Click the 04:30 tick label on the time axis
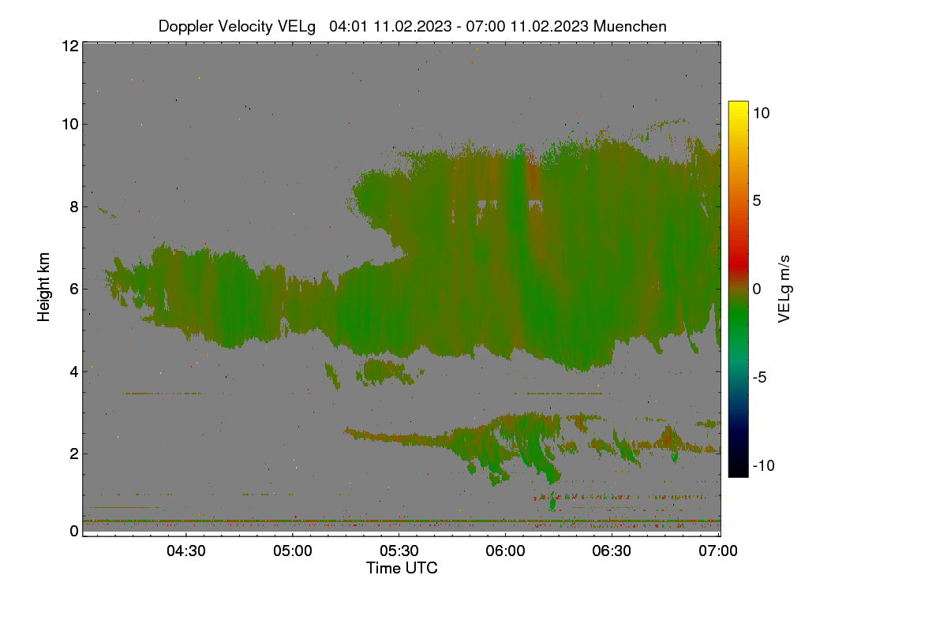[186, 551]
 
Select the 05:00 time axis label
[293, 551]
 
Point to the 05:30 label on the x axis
[399, 551]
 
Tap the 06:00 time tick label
[505, 551]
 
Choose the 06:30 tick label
[612, 551]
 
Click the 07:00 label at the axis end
[718, 551]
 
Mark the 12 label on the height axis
[70, 46]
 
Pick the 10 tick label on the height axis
[70, 125]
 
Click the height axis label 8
[74, 207]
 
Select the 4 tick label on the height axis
[74, 372]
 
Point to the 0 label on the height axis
[74, 532]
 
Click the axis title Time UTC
[402, 569]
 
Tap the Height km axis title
[43, 287]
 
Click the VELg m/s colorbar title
[784, 289]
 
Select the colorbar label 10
[762, 114]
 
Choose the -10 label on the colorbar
[764, 465]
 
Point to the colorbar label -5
[760, 377]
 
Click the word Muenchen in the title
[630, 27]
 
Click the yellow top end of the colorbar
[738, 103]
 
